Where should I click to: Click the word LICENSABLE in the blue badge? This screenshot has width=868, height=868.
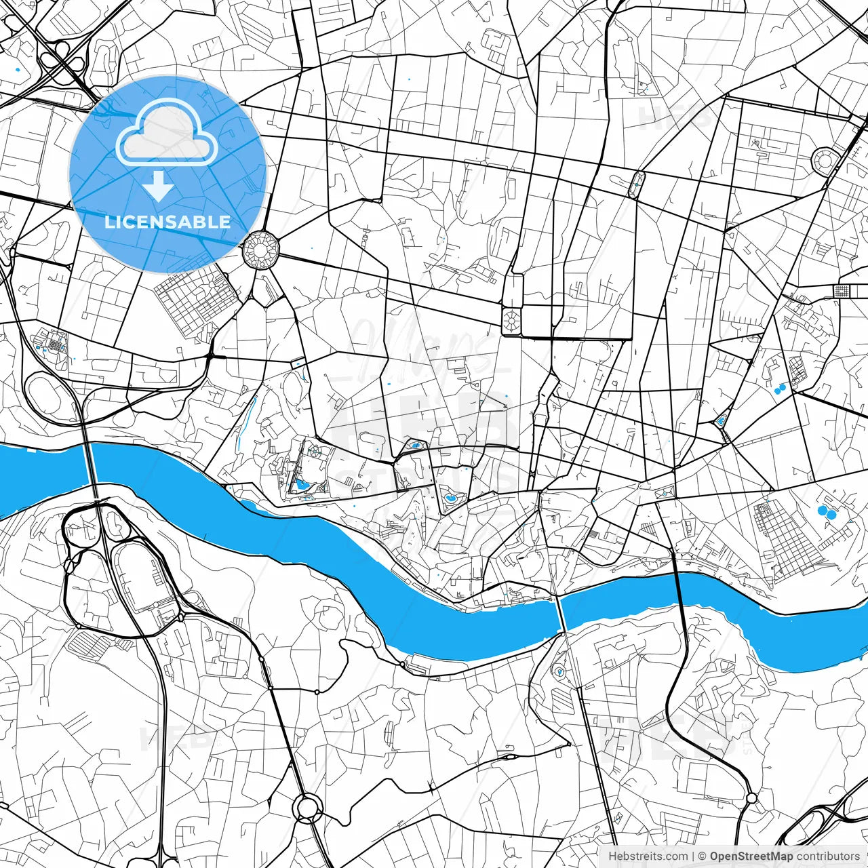click(167, 222)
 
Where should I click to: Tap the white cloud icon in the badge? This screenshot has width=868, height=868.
click(166, 136)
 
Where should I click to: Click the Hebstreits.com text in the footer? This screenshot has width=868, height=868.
click(648, 856)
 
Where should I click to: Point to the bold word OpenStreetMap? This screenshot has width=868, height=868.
click(751, 856)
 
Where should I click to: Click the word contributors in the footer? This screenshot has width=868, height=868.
click(828, 856)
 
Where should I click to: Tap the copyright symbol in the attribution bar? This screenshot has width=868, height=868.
click(702, 856)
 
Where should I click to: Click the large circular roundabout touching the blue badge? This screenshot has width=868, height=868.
click(260, 250)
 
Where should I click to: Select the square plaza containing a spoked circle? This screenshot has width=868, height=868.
click(511, 320)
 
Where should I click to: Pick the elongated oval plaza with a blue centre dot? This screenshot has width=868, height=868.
click(636, 184)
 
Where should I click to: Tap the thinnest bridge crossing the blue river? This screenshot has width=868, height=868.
click(560, 614)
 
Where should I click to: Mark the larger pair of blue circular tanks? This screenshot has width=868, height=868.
click(827, 512)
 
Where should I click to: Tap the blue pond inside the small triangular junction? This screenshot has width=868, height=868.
click(720, 421)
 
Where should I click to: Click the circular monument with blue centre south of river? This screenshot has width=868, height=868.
click(559, 672)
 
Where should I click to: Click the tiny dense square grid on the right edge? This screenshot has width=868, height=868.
click(842, 291)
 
